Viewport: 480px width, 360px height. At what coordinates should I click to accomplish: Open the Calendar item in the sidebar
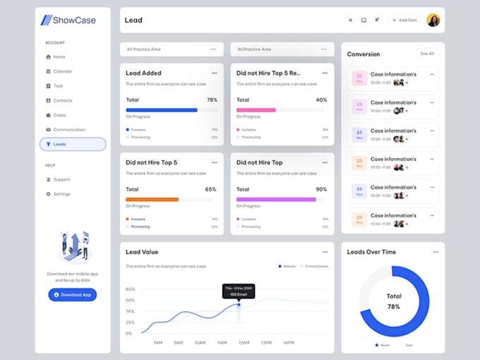pos(62,71)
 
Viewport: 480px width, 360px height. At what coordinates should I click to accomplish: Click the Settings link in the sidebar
pos(61,194)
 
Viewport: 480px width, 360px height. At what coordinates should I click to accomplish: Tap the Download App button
pos(72,294)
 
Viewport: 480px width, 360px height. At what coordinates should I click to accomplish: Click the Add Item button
pos(404,20)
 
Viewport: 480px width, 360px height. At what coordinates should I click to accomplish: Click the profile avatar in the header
pos(433,20)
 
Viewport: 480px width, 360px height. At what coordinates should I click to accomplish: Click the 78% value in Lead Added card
pos(212,100)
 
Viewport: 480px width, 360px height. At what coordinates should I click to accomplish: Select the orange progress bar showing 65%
pos(152,200)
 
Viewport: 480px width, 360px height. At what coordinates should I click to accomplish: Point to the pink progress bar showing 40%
pos(256,110)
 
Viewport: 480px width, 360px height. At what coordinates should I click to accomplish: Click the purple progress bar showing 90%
pos(276,200)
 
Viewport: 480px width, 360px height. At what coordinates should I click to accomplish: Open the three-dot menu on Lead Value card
pos(325,252)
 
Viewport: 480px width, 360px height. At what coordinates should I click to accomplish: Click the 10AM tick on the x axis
pos(200,342)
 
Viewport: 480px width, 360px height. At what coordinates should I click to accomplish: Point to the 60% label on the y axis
pos(130,289)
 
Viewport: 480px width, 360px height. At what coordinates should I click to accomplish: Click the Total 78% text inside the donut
pos(394,301)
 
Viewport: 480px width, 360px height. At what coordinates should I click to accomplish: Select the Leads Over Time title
pos(371,252)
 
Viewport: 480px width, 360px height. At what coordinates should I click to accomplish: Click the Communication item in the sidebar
pos(69,130)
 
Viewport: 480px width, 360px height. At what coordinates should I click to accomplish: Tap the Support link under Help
pos(61,179)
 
